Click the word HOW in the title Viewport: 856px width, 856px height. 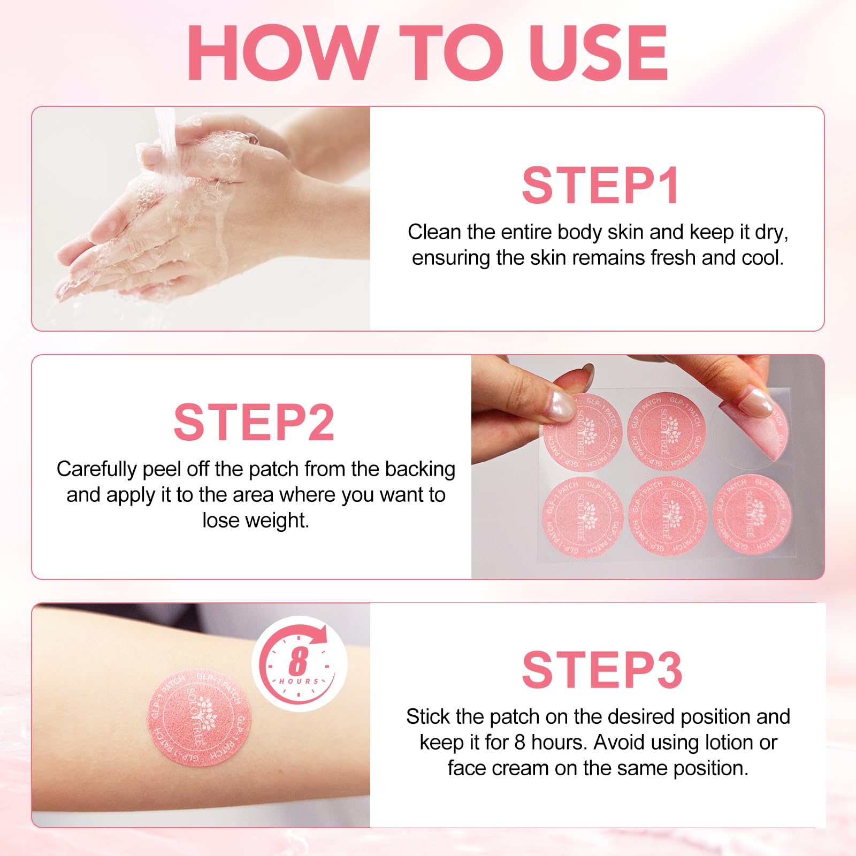click(279, 52)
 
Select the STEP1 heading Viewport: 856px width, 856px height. click(600, 185)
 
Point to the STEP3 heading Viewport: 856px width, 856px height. click(602, 669)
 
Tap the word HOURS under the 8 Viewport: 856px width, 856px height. click(299, 681)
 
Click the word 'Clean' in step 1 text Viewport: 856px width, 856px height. click(434, 232)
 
